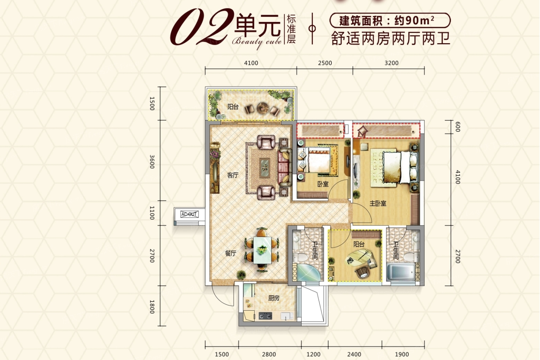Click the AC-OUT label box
[x=189, y=214]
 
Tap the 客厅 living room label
[x=233, y=175]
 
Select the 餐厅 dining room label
[x=230, y=254]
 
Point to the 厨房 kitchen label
[x=274, y=298]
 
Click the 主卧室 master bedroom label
[x=378, y=203]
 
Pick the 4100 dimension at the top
[x=251, y=63]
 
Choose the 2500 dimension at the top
[x=325, y=63]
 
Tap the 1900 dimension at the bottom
[x=402, y=354]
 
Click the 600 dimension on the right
[x=457, y=127]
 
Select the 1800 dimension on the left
[x=152, y=306]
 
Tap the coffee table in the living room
[x=265, y=167]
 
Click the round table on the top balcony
[x=264, y=108]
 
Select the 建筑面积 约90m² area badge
[x=390, y=20]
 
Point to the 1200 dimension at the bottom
[x=313, y=354]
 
